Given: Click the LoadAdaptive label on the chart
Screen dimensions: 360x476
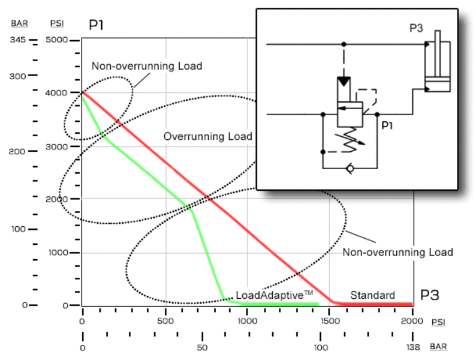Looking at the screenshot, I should coord(275,295).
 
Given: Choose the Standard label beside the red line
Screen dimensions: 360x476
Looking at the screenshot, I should coord(372,295).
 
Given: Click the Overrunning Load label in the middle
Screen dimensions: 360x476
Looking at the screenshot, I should coord(207,137).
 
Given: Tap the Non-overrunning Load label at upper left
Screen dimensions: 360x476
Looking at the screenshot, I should coord(146,66).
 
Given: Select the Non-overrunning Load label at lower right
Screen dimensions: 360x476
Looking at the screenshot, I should coord(397,252).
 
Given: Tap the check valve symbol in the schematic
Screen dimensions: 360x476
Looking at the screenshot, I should coord(350,169).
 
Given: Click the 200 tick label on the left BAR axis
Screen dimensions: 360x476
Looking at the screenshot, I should coord(18,151).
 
